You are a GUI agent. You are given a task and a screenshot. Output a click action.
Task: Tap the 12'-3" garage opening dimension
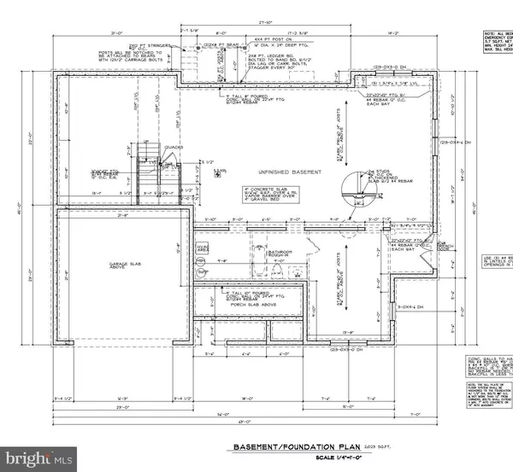[120, 373]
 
